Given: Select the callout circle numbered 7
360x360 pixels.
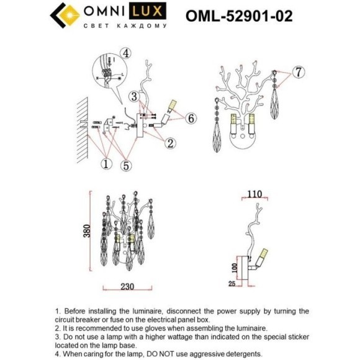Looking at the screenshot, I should pos(298,72).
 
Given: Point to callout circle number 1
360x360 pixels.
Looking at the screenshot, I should pos(106,164).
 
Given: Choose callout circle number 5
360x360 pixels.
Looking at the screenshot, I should pos(127,164).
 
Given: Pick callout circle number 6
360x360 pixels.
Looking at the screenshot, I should pos(191,117).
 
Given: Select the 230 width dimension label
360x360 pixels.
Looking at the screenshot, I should pos(126,289).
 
